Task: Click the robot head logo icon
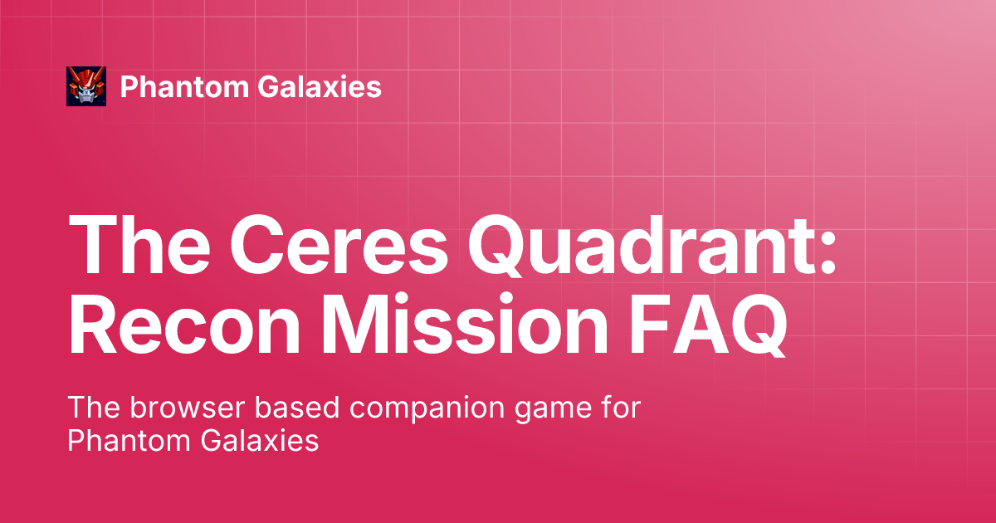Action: pyautogui.click(x=86, y=86)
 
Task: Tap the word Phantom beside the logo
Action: pyautogui.click(x=184, y=86)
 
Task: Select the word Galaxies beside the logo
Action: pyautogui.click(x=320, y=86)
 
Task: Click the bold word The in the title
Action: pyautogui.click(x=139, y=245)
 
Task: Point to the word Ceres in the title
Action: pyautogui.click(x=339, y=245)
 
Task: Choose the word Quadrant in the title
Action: pyautogui.click(x=641, y=246)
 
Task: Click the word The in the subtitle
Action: pyautogui.click(x=94, y=408)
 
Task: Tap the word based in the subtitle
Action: pyautogui.click(x=297, y=408)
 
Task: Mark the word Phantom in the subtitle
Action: pyautogui.click(x=129, y=441)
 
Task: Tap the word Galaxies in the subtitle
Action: pyautogui.click(x=260, y=441)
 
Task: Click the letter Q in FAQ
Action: pyautogui.click(x=752, y=325)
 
